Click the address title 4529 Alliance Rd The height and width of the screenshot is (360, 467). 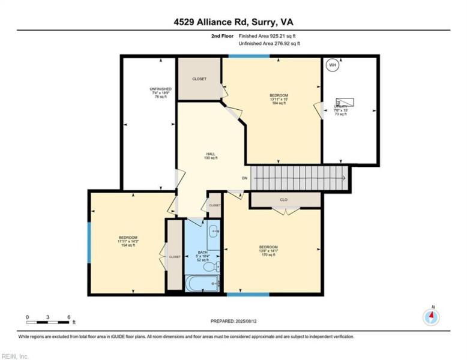point(233,22)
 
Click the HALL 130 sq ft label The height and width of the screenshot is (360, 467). point(211,156)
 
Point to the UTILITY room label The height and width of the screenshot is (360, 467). point(340,110)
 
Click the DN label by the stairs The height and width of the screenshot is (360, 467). point(244,178)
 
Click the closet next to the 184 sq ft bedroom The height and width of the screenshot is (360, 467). point(199,79)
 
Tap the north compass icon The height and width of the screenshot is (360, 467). point(431,316)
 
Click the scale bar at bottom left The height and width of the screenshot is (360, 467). point(49,316)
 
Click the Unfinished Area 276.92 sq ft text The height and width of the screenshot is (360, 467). point(269,44)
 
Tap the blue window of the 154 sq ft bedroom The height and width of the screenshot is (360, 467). point(89,242)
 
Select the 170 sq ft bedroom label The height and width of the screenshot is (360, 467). point(268,251)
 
